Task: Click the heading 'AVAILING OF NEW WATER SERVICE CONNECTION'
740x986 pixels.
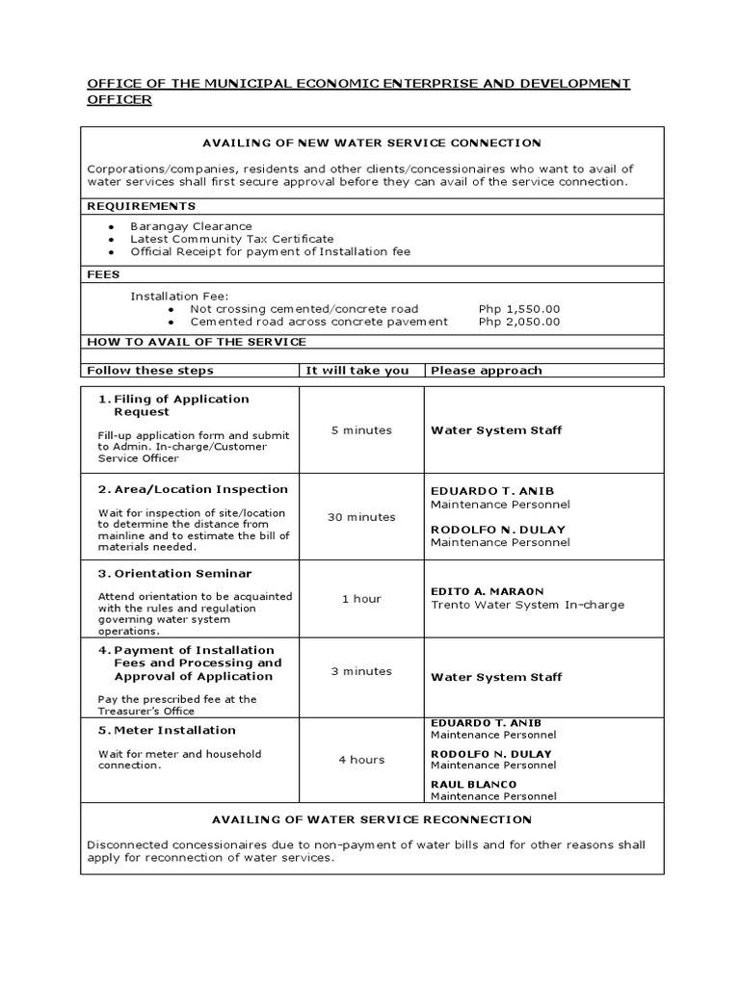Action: pyautogui.click(x=371, y=143)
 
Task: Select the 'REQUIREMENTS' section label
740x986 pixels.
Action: pyautogui.click(x=141, y=206)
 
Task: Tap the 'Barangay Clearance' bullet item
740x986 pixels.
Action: pyautogui.click(x=191, y=226)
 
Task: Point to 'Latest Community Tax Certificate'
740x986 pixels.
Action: pyautogui.click(x=232, y=239)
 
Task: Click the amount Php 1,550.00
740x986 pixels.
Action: pyautogui.click(x=518, y=309)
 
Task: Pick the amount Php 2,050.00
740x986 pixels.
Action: pyautogui.click(x=518, y=322)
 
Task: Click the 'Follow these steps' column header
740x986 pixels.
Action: pyautogui.click(x=150, y=371)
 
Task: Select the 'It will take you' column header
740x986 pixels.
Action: pyautogui.click(x=357, y=371)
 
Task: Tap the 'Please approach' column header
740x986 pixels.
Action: pyautogui.click(x=486, y=371)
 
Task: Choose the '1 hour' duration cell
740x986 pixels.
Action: pyautogui.click(x=361, y=599)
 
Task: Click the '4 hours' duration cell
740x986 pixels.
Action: pyautogui.click(x=361, y=760)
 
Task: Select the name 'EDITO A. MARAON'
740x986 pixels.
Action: pyautogui.click(x=487, y=590)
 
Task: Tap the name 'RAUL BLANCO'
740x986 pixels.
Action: pyautogui.click(x=473, y=785)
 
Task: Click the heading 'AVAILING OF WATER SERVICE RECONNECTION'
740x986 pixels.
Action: pyautogui.click(x=371, y=819)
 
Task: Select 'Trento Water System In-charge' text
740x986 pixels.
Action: pyautogui.click(x=527, y=605)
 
